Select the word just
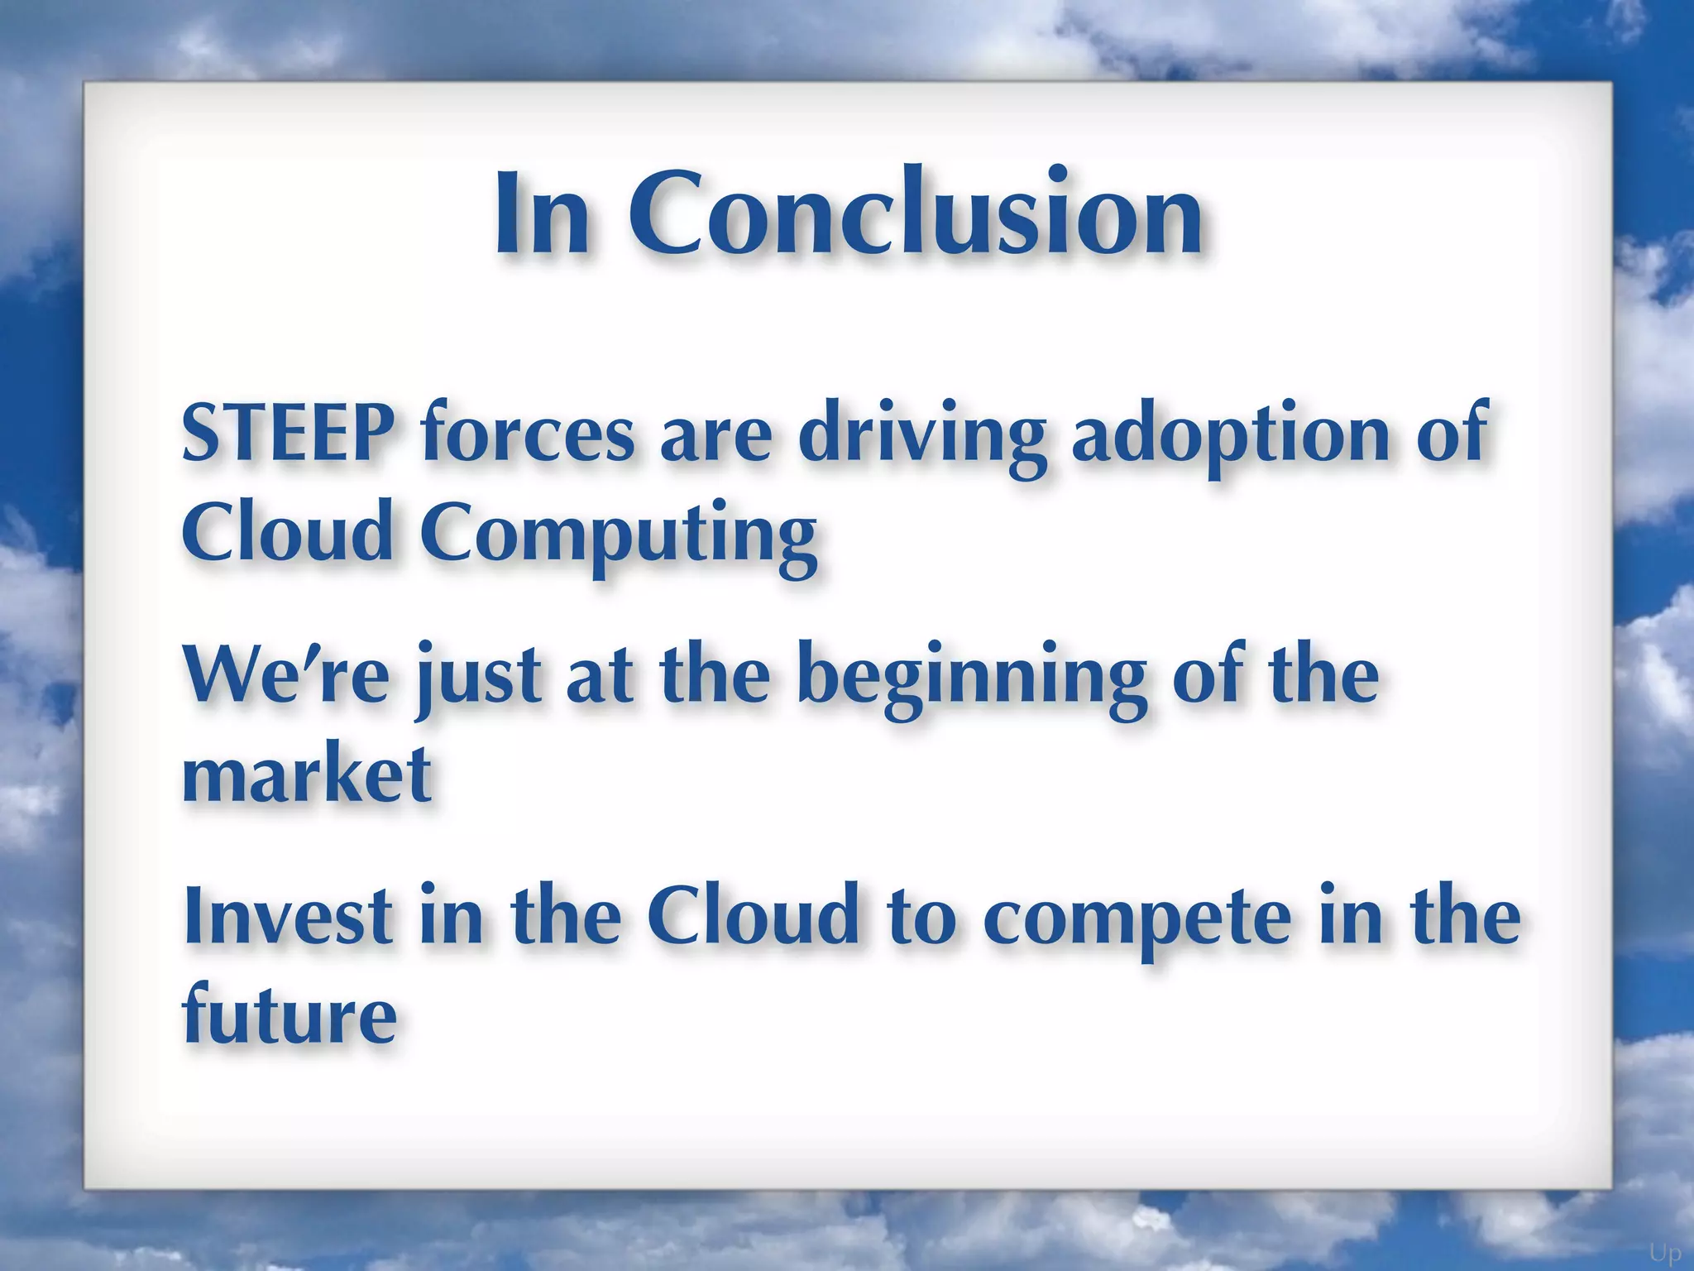coord(478,679)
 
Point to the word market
coord(306,773)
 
